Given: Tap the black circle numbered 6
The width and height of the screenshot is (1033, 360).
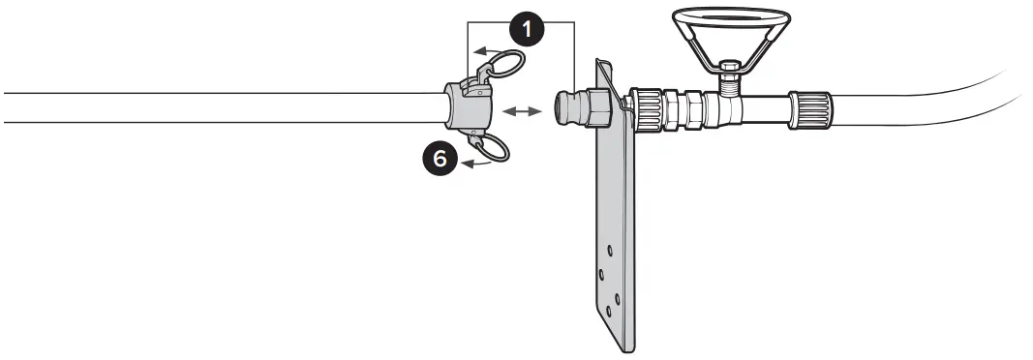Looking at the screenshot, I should coord(441,159).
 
